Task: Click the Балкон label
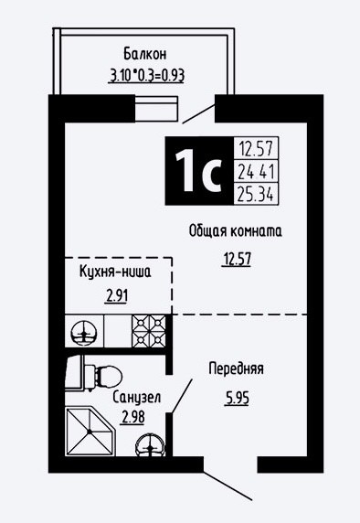(145, 54)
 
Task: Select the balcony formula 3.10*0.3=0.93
(147, 75)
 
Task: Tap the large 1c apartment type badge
(199, 170)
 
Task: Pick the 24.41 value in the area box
(256, 172)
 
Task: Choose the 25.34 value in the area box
(256, 194)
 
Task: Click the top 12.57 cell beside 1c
(256, 148)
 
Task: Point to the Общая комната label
(236, 230)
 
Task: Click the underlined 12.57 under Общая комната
(237, 259)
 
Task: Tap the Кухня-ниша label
(115, 272)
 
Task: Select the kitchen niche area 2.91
(116, 295)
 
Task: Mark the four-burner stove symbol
(149, 331)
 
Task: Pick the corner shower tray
(90, 431)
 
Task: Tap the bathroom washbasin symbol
(151, 445)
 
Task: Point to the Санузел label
(137, 397)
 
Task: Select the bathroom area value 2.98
(133, 417)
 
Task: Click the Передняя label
(236, 368)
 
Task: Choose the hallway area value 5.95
(237, 398)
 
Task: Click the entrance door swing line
(228, 486)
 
